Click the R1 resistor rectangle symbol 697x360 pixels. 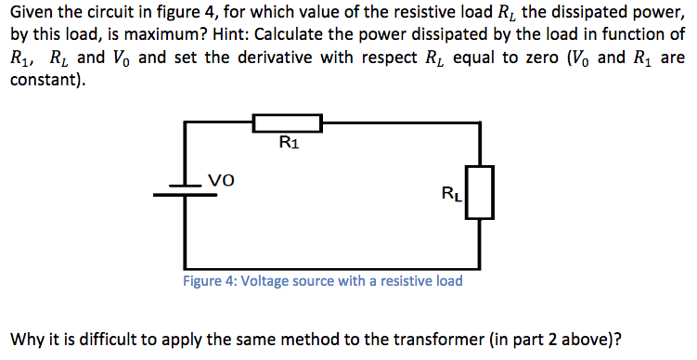(x=288, y=123)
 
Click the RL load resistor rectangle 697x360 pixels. (x=479, y=193)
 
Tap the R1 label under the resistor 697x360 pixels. (x=289, y=143)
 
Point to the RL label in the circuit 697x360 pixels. (x=453, y=195)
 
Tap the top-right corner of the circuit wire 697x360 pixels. (x=479, y=123)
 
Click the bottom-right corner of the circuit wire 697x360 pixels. (x=479, y=265)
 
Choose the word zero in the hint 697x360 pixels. (x=546, y=58)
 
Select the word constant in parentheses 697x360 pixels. (x=43, y=80)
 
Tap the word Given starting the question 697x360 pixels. (x=32, y=11)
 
